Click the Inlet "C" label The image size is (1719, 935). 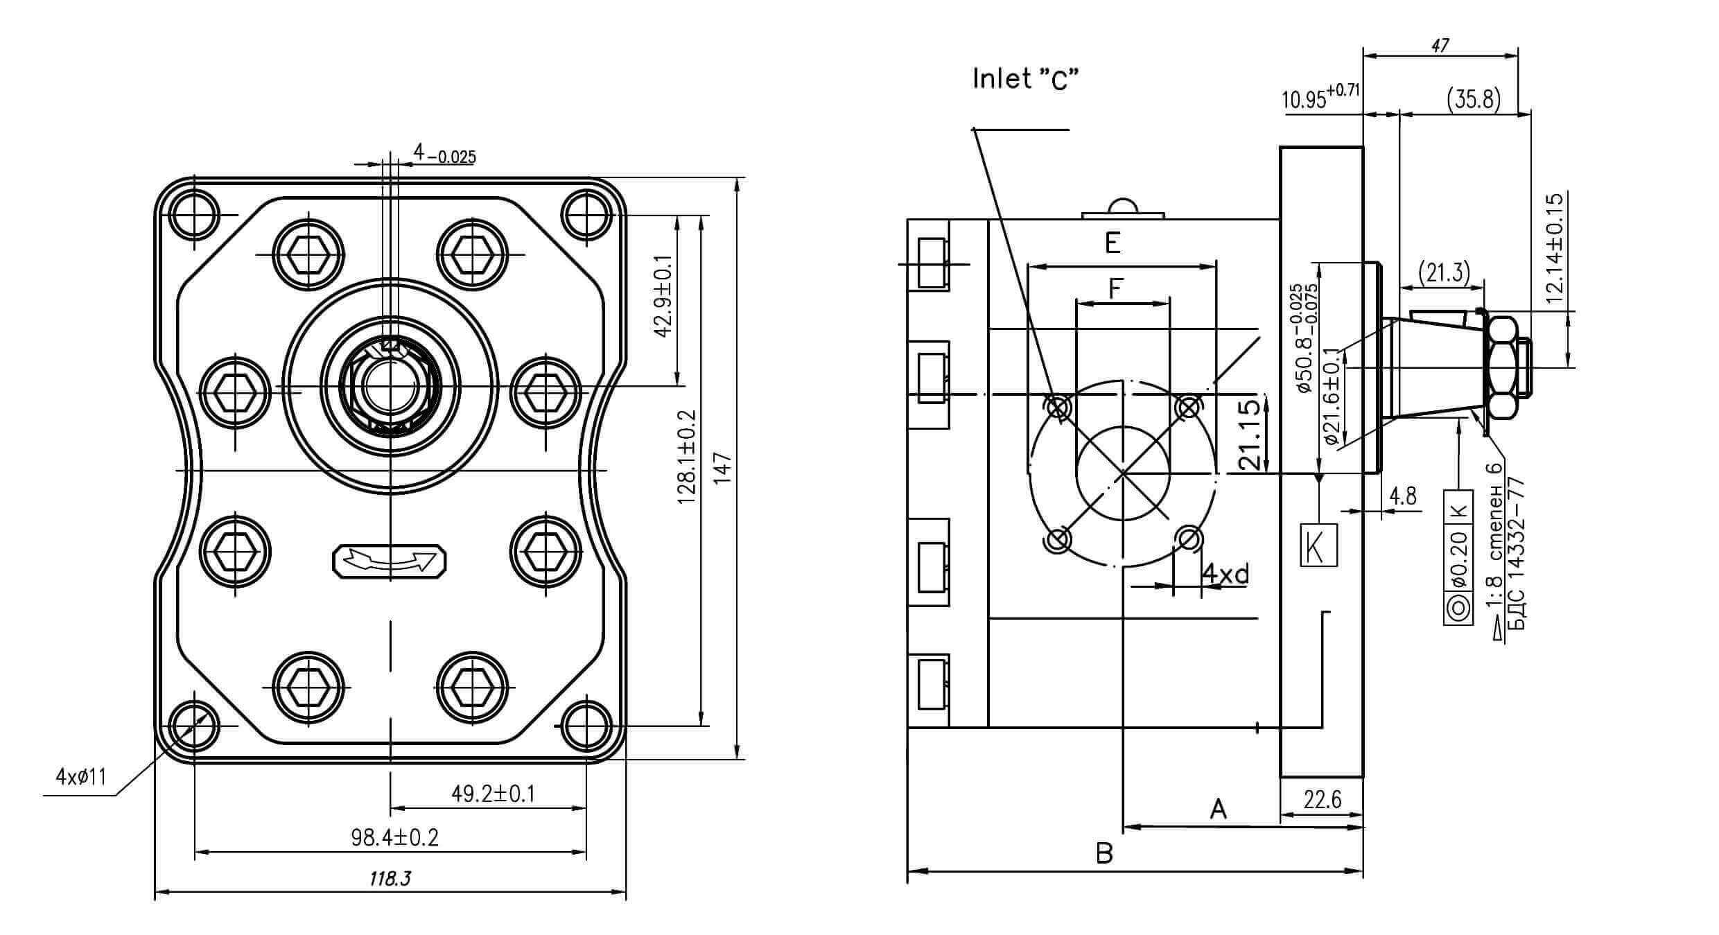tap(1027, 79)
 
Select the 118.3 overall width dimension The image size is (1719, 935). tap(390, 879)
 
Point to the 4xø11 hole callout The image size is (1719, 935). tap(81, 776)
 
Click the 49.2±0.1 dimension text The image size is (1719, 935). tap(494, 793)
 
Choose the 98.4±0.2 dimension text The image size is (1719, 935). tap(395, 837)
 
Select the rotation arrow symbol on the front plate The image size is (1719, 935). tap(390, 561)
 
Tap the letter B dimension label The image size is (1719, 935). tap(1105, 853)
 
